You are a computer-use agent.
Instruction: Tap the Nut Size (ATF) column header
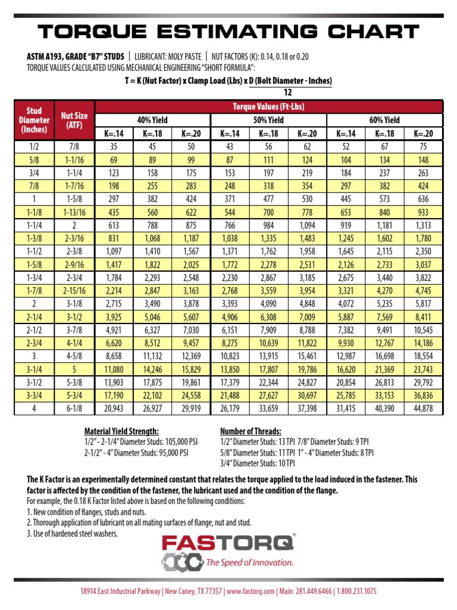pyautogui.click(x=74, y=120)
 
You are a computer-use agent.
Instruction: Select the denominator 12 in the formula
pyautogui.click(x=288, y=92)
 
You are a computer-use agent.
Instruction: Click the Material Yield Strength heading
pyautogui.click(x=121, y=431)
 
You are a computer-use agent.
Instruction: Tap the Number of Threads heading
pyautogui.click(x=251, y=431)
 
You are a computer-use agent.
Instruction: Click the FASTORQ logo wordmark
pyautogui.click(x=228, y=543)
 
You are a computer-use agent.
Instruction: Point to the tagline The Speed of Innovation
pyautogui.click(x=249, y=562)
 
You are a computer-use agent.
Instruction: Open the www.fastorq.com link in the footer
pyautogui.click(x=250, y=592)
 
